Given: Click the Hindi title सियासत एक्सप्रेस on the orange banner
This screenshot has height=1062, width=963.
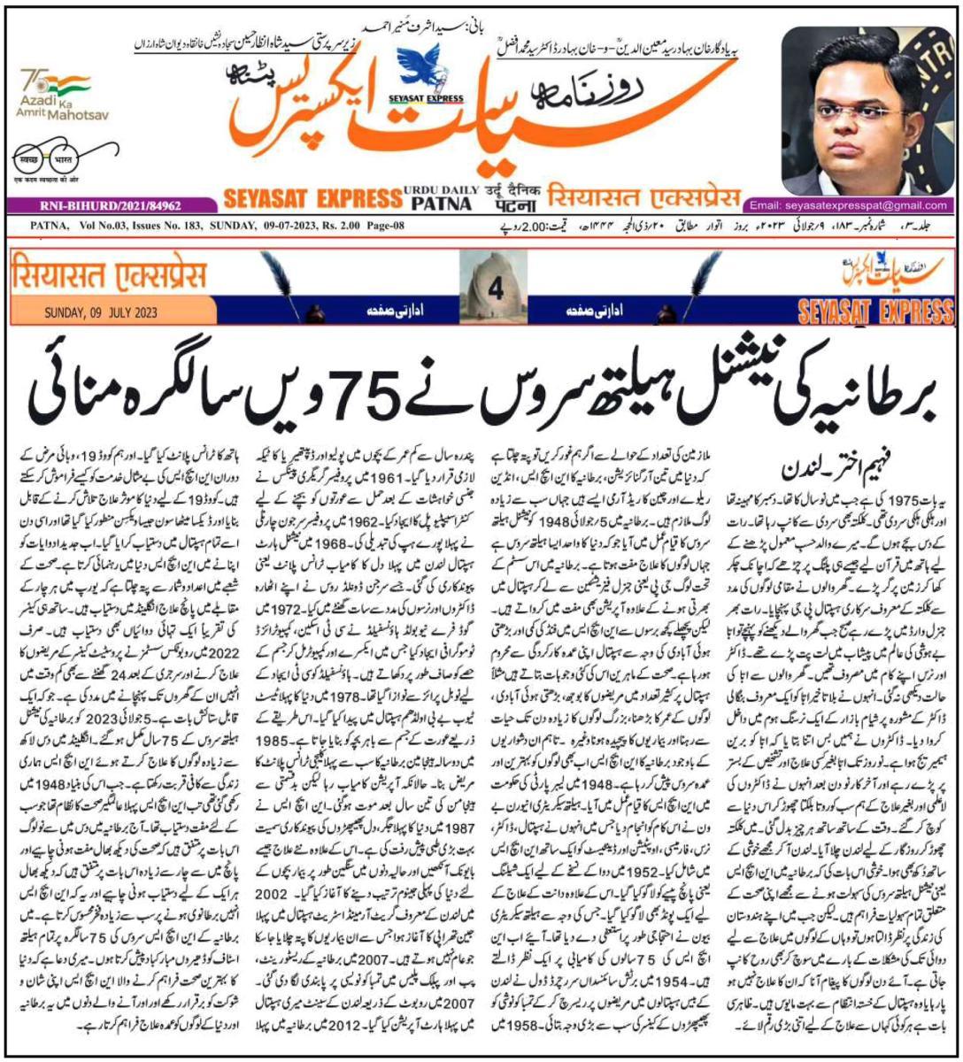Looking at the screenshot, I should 106,274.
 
